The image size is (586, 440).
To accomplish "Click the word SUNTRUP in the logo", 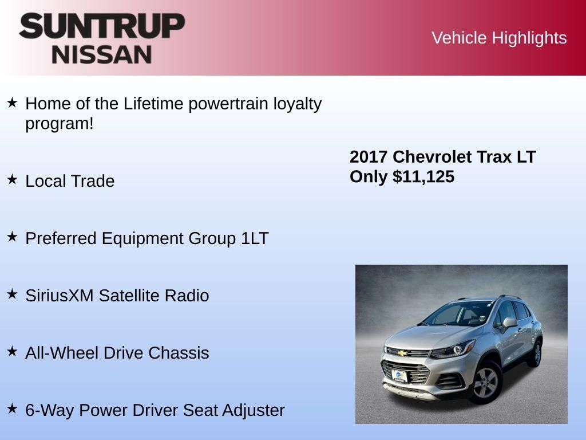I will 102,26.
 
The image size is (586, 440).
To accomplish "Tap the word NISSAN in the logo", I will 102,54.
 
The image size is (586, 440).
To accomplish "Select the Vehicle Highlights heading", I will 499,38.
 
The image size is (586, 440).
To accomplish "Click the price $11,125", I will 423,176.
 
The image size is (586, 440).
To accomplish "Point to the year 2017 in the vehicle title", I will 369,157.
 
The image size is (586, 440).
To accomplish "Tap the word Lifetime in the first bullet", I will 153,104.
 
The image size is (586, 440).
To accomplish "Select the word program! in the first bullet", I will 60,123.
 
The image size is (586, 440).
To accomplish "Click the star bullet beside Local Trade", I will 12,180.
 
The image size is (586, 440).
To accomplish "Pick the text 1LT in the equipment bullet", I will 255,238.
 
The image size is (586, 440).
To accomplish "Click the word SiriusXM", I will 60,296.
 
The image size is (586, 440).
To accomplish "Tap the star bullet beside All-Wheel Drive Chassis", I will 12,352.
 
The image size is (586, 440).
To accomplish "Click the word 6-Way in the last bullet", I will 50,410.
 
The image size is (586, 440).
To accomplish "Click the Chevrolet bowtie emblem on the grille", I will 402,353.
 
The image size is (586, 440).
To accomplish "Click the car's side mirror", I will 509,323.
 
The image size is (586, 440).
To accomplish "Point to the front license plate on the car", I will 399,376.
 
